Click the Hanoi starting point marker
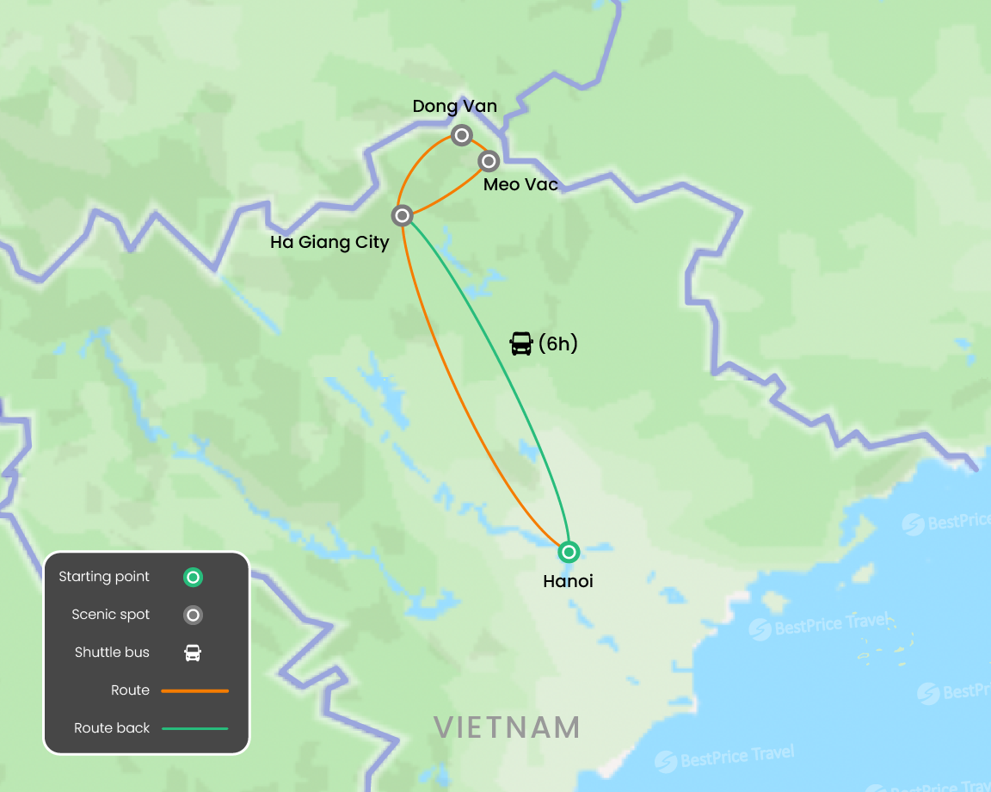569,551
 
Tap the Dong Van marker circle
462,135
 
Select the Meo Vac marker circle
489,161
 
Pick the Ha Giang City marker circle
402,215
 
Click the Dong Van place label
454,107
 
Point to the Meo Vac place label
520,185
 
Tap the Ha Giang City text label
329,243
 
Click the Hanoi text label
568,582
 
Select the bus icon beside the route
521,344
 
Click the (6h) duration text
558,344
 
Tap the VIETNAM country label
507,727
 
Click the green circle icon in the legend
194,578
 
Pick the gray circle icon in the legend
194,616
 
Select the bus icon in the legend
194,653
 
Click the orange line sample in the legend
194,690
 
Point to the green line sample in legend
194,728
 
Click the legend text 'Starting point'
104,577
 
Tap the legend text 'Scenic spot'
111,615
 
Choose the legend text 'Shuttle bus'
112,653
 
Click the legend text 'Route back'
112,728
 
